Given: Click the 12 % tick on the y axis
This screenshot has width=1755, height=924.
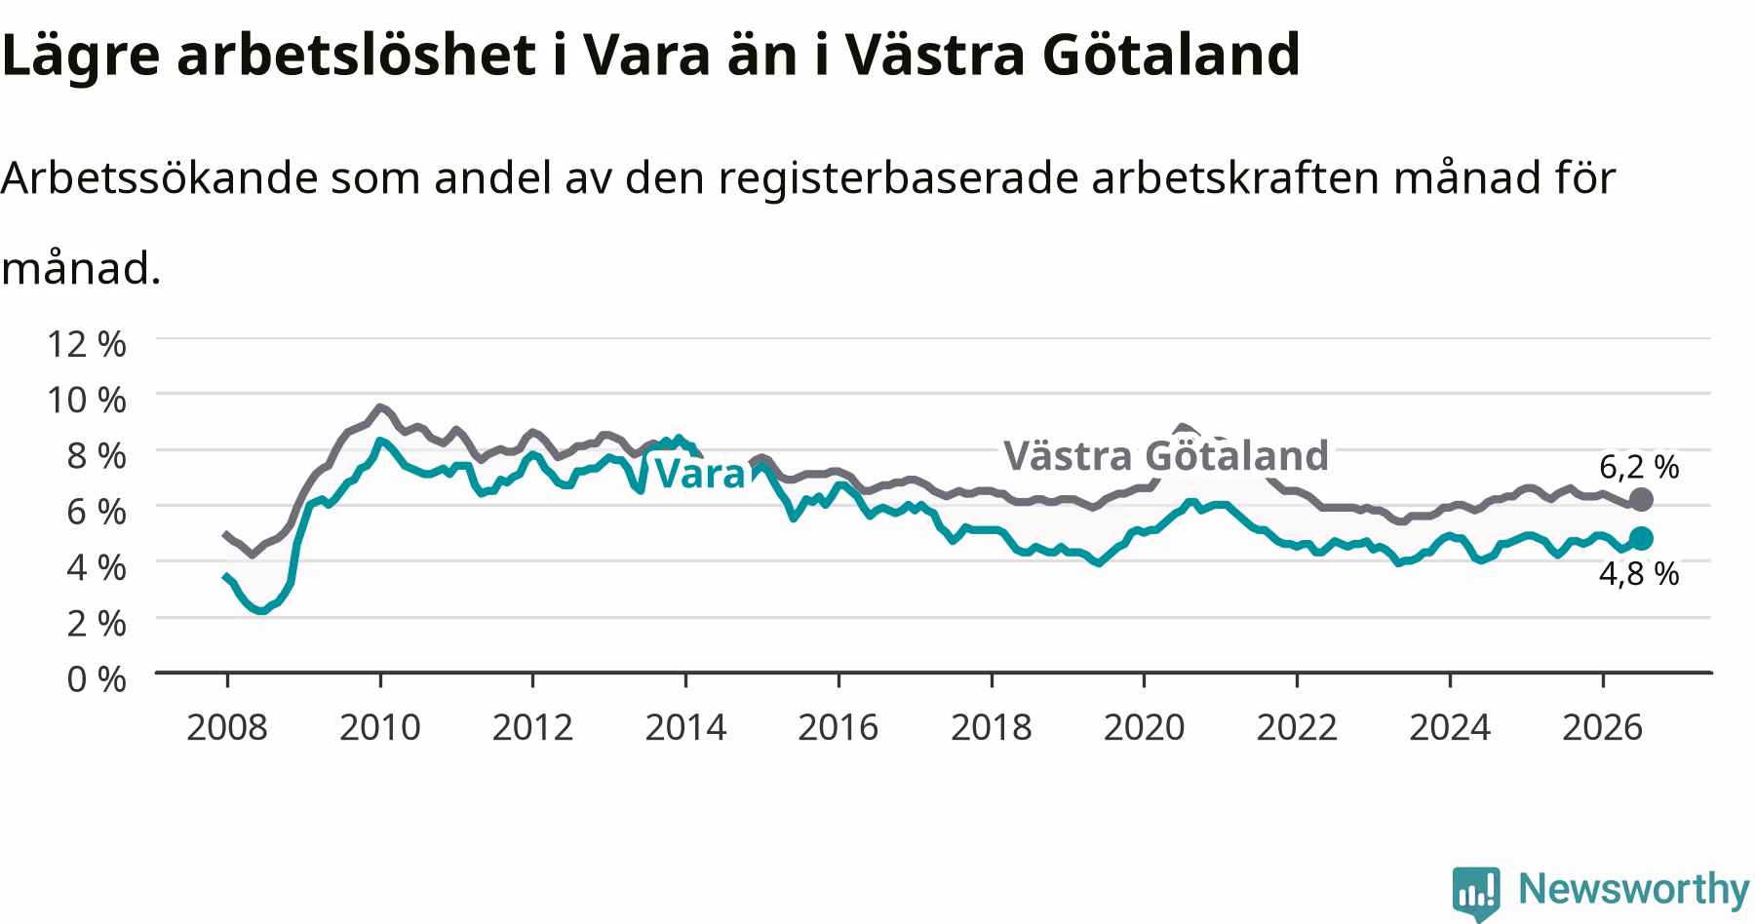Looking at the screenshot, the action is point(87,343).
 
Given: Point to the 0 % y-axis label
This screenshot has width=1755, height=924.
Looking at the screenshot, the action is point(97,678).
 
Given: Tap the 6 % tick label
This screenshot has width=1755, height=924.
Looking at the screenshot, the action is point(97,511).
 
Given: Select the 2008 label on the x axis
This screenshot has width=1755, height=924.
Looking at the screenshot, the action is point(226,726).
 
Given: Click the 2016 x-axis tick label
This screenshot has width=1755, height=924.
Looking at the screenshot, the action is point(838,726).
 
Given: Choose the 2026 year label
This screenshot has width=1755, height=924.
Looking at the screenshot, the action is point(1603,726).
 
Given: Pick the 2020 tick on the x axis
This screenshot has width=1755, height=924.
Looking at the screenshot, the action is point(1144,726).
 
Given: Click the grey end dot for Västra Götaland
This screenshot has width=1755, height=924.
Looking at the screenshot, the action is point(1641,500).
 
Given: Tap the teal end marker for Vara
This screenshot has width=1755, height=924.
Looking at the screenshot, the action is point(1641,538).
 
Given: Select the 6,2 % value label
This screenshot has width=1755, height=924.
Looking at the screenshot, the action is point(1639,467).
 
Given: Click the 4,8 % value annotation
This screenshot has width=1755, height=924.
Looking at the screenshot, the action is point(1639,573).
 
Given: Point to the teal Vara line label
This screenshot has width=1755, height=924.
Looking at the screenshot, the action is point(699,474).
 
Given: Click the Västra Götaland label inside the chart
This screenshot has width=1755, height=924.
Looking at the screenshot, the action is point(1166,455).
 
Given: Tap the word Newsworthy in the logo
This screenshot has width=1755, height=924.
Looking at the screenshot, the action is point(1634,889).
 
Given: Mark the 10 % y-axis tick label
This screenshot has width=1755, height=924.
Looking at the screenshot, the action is point(87,399).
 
